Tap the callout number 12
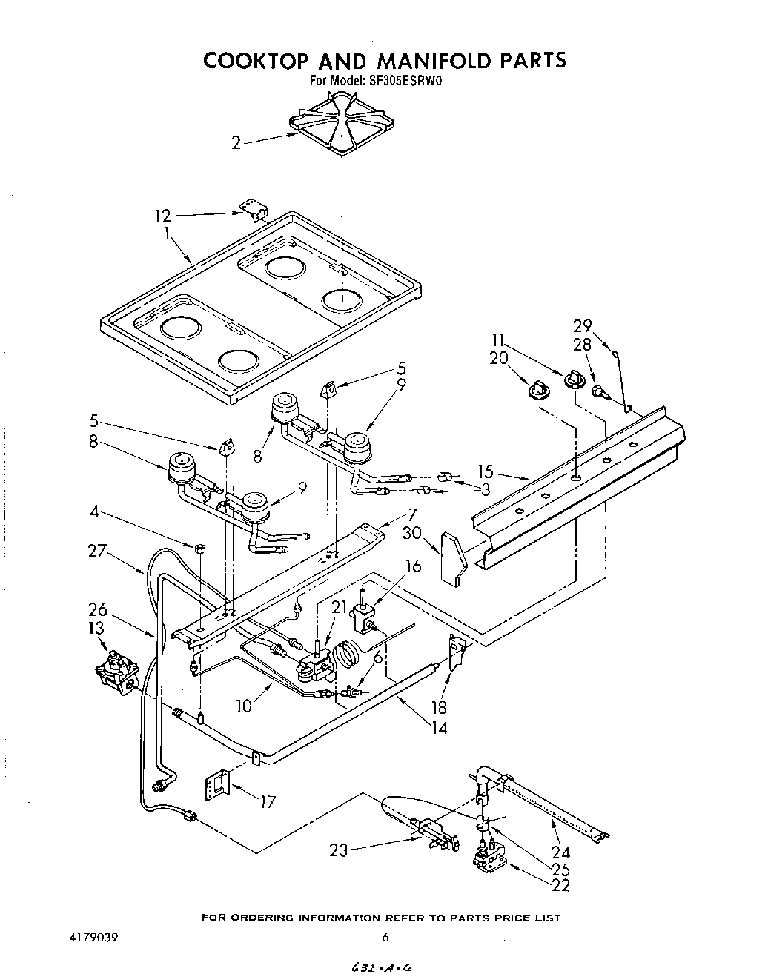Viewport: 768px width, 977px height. click(162, 216)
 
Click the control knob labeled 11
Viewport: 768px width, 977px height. click(573, 380)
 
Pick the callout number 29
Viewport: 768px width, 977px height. click(582, 325)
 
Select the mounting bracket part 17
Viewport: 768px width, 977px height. click(218, 783)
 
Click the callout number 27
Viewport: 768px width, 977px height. click(98, 552)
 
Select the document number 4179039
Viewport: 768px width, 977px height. click(93, 937)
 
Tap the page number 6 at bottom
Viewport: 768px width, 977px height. click(385, 937)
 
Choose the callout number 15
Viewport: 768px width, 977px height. click(486, 471)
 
